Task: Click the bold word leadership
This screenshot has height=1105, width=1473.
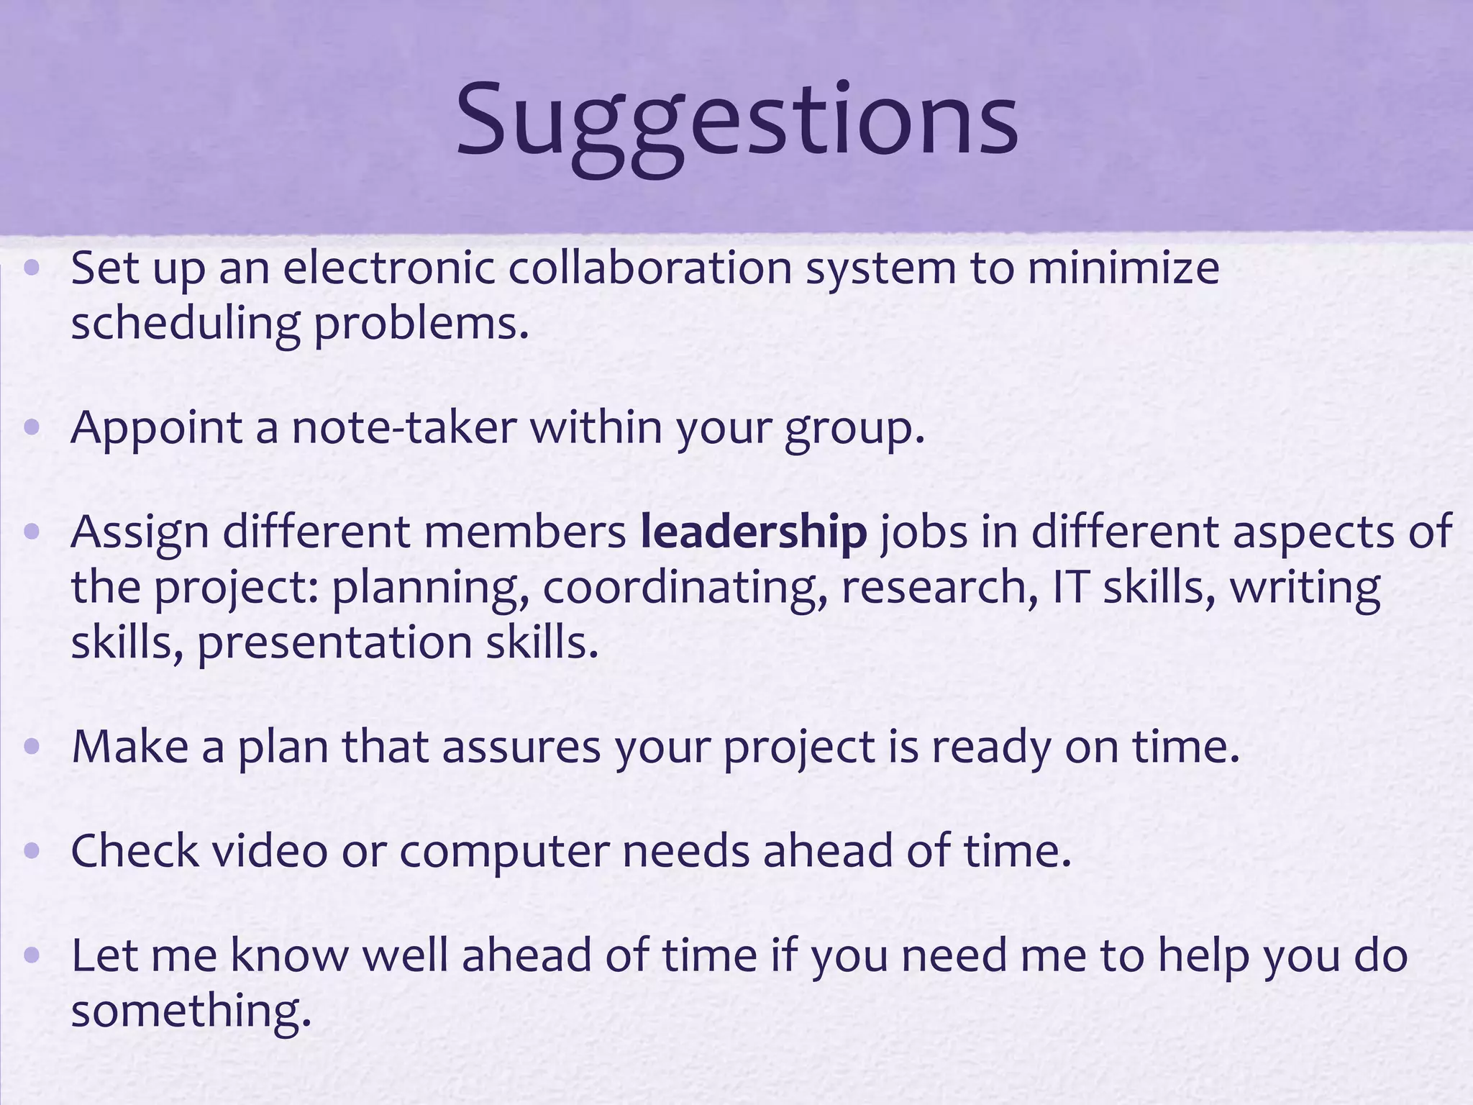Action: click(754, 532)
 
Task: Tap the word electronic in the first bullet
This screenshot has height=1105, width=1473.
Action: click(388, 268)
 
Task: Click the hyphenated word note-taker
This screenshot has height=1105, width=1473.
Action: click(403, 428)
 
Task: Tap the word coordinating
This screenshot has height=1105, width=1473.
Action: click(684, 588)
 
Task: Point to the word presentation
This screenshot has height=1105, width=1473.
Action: click(334, 643)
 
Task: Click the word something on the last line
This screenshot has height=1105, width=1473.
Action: click(191, 1011)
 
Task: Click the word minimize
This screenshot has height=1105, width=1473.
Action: click(1123, 268)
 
